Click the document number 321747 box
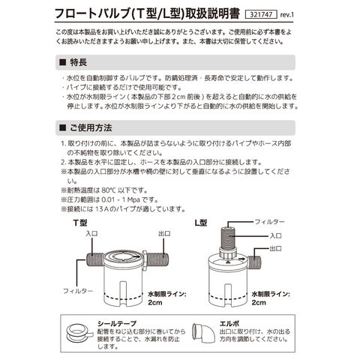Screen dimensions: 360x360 point(261,14)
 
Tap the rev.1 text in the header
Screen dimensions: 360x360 point(286,15)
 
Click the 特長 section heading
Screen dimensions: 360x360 point(79,62)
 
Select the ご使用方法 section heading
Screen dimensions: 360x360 point(91,127)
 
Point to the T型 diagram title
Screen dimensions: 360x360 point(80,223)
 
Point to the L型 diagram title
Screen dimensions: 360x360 point(201,223)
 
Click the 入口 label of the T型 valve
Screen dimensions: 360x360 point(91,233)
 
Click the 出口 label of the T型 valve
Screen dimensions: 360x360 point(164,233)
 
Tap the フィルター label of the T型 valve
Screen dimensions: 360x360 point(78,291)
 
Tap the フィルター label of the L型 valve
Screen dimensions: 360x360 point(269,222)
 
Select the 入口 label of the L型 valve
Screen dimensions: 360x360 point(276,236)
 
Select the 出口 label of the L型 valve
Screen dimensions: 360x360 point(276,248)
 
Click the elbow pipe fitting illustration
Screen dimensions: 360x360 point(203,333)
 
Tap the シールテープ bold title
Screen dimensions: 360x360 point(117,323)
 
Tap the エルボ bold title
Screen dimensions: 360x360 point(229,323)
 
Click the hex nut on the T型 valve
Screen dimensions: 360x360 point(144,261)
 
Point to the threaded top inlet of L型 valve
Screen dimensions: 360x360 point(228,237)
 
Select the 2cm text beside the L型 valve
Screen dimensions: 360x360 point(259,302)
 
